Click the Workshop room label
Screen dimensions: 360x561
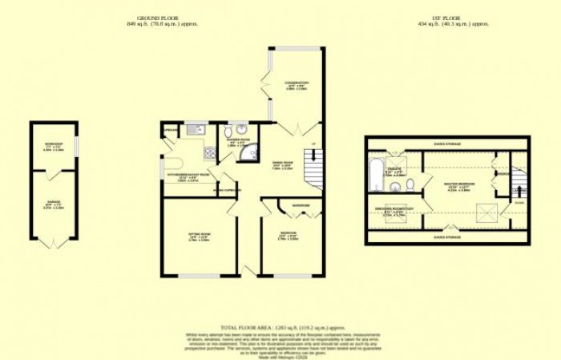tap(54, 146)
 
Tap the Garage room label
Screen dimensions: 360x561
tap(54, 206)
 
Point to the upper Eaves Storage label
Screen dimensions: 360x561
tap(446, 144)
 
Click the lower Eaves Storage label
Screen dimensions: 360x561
tap(446, 237)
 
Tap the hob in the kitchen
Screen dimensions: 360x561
tap(209, 151)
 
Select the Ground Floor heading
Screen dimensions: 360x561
tap(162, 21)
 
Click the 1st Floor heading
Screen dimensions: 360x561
tap(453, 21)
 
